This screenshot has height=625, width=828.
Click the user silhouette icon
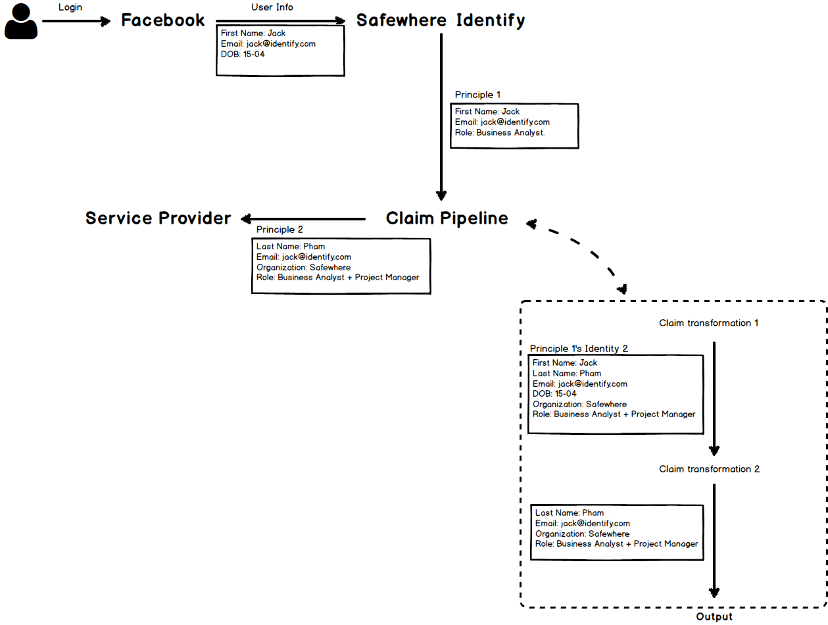tap(21, 21)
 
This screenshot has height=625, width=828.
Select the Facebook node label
tap(163, 20)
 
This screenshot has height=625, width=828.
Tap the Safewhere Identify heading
tap(441, 20)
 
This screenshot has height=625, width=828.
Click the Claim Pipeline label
tap(447, 218)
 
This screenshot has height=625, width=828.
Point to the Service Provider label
tap(158, 218)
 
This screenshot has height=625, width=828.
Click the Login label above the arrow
tap(70, 7)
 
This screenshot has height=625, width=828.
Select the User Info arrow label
tap(272, 7)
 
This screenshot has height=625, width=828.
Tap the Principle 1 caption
tap(477, 95)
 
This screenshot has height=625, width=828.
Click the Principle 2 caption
tap(280, 230)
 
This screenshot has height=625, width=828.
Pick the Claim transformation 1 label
tap(709, 323)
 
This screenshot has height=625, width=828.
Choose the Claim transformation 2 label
tap(709, 469)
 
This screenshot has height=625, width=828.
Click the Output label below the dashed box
tap(714, 616)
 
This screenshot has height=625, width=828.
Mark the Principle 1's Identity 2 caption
tap(579, 349)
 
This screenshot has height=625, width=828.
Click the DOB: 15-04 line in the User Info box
tap(243, 54)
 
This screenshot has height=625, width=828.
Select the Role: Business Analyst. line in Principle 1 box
tap(500, 132)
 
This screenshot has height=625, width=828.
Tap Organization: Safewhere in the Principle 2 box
tap(303, 267)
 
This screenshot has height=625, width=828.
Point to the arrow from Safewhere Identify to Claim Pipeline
tap(441, 118)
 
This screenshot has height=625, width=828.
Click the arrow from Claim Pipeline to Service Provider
tap(303, 218)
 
